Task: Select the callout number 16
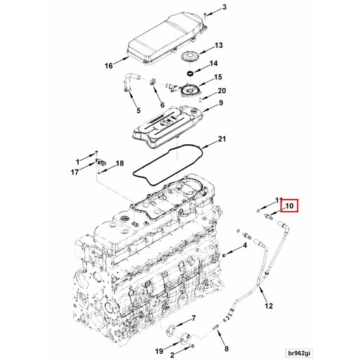(x=109, y=66)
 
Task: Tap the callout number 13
(x=219, y=46)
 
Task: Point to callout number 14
(x=219, y=65)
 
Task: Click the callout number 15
(x=219, y=77)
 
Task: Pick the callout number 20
(x=221, y=91)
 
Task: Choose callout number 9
(x=220, y=104)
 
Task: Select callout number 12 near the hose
(x=269, y=306)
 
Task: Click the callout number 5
(x=138, y=111)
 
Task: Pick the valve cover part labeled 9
(x=166, y=122)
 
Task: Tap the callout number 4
(x=245, y=246)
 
